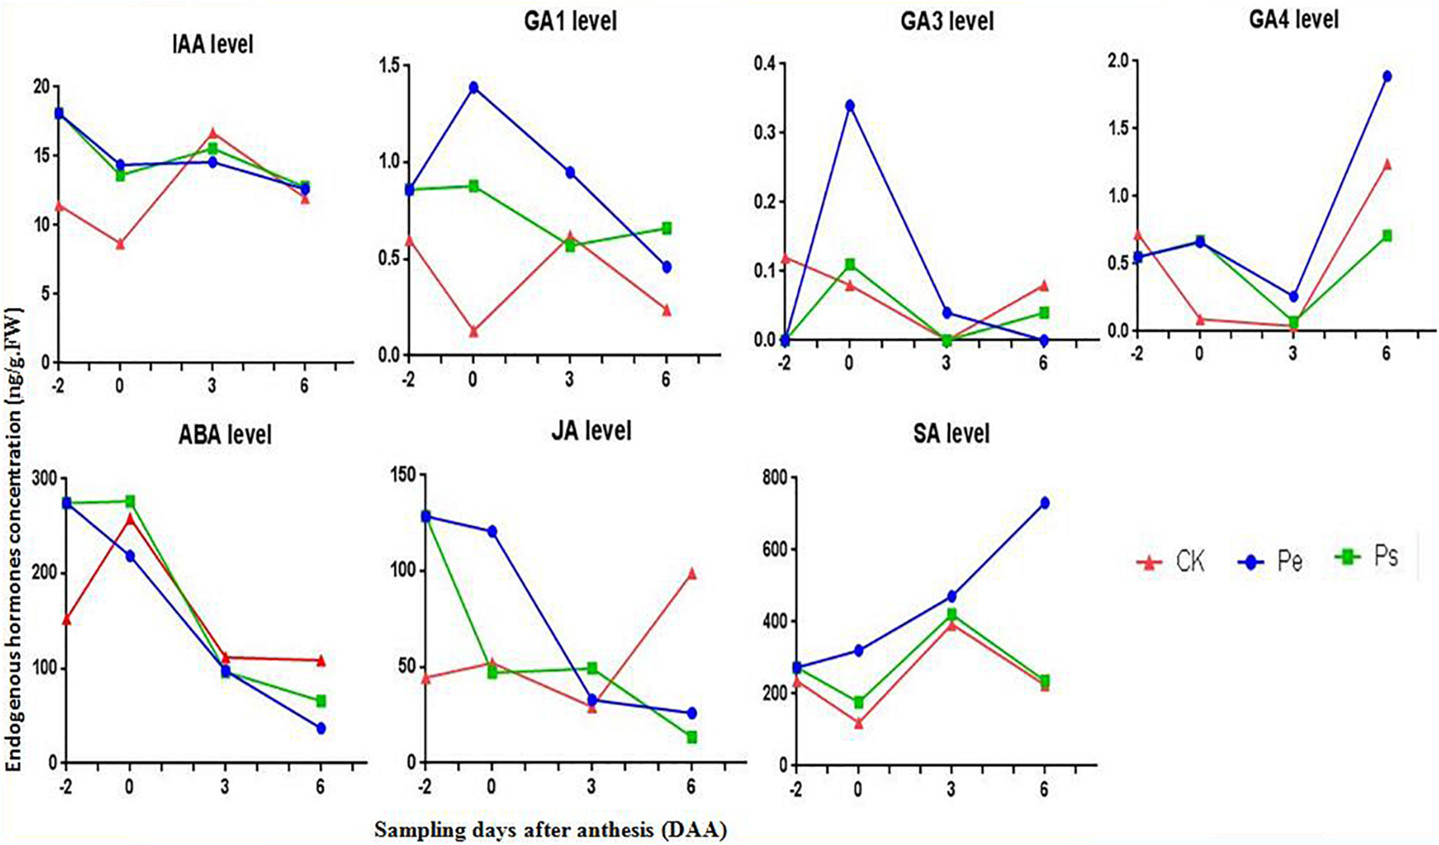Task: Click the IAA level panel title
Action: tap(212, 44)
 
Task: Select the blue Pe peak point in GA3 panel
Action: tap(849, 106)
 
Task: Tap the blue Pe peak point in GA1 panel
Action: tap(474, 87)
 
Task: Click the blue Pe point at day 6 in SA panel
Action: tap(1044, 503)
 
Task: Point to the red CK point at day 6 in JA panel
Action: tap(692, 574)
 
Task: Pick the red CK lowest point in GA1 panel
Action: tap(474, 332)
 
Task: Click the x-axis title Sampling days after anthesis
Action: tap(550, 830)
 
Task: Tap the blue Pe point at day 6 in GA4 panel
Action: tap(1387, 77)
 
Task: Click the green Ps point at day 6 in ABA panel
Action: tap(321, 701)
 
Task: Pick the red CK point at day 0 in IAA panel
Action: tap(120, 244)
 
